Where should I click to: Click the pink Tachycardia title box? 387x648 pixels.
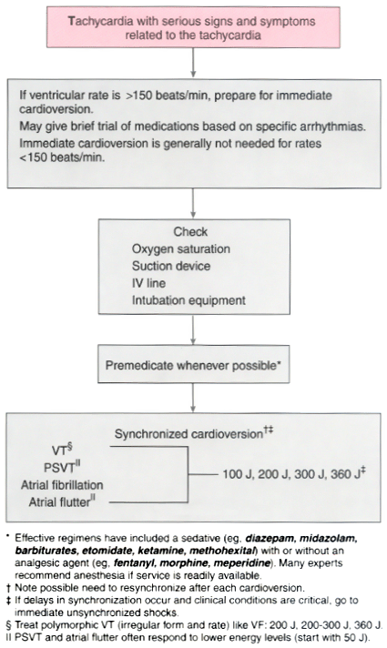(193, 27)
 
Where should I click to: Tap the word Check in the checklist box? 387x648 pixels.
(190, 231)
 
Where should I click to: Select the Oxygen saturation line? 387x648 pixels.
(181, 248)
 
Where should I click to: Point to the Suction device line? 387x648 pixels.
(171, 266)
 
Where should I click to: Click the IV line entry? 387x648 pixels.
(148, 283)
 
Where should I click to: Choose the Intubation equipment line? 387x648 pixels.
(189, 300)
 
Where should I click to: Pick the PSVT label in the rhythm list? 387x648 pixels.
(62, 468)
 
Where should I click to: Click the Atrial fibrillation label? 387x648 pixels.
(62, 485)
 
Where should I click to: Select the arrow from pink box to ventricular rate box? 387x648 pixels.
(193, 63)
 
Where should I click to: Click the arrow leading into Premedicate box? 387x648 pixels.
(193, 329)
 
